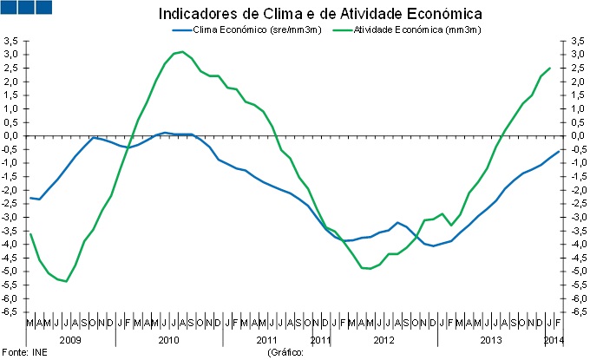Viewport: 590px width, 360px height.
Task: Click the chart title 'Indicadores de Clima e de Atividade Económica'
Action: click(320, 14)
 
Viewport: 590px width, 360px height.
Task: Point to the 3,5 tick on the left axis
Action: click(11, 41)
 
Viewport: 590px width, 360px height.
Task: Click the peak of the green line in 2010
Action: click(180, 52)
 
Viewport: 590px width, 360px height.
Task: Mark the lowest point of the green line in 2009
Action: click(66, 281)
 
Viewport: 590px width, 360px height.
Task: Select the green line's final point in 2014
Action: click(549, 69)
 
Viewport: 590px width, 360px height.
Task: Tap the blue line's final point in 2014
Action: click(557, 151)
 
